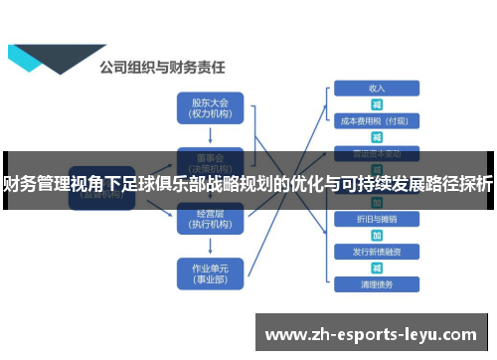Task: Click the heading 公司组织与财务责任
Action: pos(162,68)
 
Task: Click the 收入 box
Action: pos(377,88)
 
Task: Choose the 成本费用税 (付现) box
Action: pos(377,121)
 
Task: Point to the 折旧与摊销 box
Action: pos(377,218)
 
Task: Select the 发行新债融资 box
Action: pos(377,252)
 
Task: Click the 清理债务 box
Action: pos(377,285)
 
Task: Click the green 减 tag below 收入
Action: pos(377,104)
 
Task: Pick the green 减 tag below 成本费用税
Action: pos(377,137)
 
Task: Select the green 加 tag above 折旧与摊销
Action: pos(377,202)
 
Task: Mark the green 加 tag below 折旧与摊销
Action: pos(377,235)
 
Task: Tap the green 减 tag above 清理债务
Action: pos(377,269)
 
